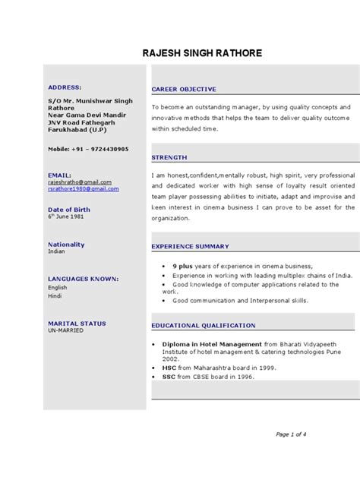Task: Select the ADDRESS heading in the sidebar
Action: [x=65, y=87]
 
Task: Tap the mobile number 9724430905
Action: [x=101, y=149]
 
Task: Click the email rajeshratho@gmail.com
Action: [x=80, y=182]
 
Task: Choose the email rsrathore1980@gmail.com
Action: [x=83, y=189]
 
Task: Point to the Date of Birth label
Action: [x=70, y=209]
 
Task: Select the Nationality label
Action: [x=66, y=245]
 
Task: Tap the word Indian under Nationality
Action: [x=57, y=251]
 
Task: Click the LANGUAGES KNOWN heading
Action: [x=83, y=279]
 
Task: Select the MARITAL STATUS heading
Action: [x=77, y=324]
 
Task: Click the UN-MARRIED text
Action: [x=65, y=330]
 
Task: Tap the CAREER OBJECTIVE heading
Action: [x=184, y=89]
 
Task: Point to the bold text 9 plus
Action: [x=182, y=267]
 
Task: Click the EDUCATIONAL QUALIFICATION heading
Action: [x=203, y=325]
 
